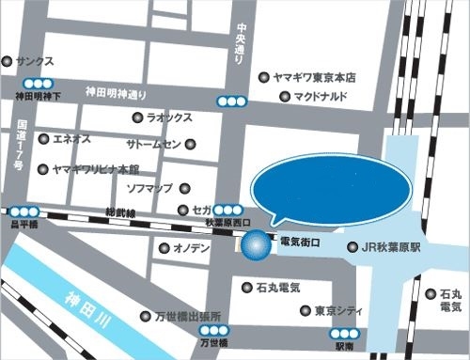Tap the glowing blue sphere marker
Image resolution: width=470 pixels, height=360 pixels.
click(x=254, y=246)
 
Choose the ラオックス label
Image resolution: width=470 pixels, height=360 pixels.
click(x=169, y=118)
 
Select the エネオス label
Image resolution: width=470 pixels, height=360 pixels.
click(x=70, y=139)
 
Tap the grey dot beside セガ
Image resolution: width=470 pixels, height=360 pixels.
click(x=183, y=211)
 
